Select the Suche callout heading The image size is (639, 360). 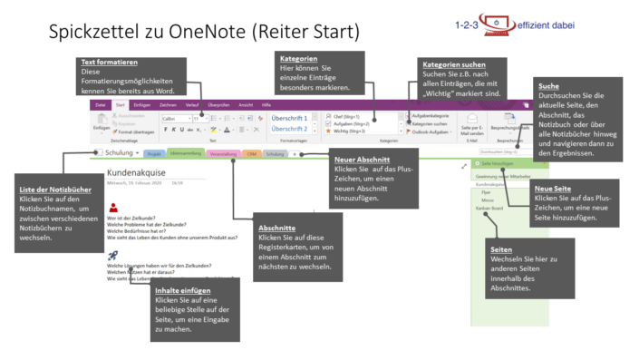click(x=548, y=85)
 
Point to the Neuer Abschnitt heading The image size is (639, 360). click(x=356, y=159)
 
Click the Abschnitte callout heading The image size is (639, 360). click(x=276, y=229)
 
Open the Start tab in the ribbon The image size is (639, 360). click(x=120, y=105)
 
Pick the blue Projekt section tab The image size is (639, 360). click(x=155, y=154)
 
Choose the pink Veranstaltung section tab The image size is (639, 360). click(x=223, y=154)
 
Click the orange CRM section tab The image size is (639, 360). click(x=250, y=154)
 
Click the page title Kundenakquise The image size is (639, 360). click(x=140, y=171)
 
